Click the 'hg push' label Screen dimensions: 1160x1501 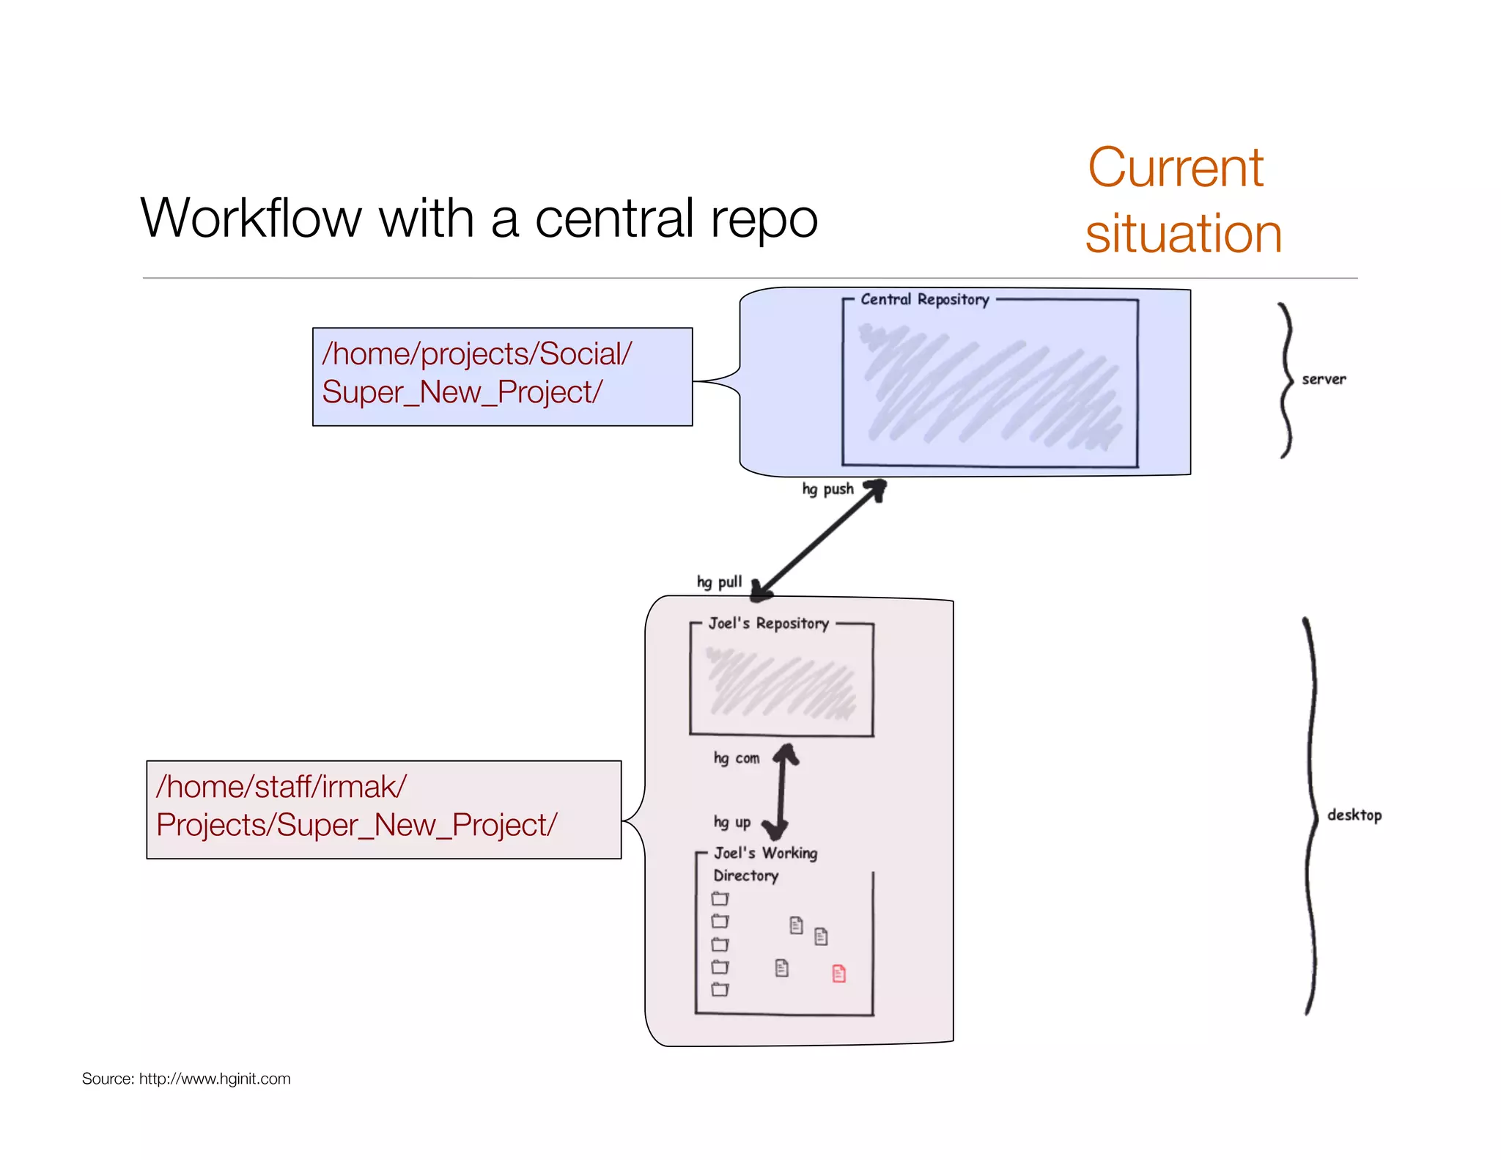tap(827, 489)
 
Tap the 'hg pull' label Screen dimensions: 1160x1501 tap(719, 582)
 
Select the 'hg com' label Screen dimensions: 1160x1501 tap(737, 758)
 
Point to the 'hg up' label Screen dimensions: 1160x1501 tap(732, 823)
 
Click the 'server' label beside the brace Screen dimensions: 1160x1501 tap(1324, 379)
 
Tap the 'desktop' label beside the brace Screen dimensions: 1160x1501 tap(1354, 815)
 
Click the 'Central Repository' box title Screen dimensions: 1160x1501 tap(925, 299)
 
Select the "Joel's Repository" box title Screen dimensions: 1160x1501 tap(768, 623)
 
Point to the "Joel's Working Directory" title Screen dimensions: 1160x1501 tap(764, 863)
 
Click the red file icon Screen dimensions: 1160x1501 tap(839, 974)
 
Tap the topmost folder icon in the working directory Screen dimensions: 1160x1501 tap(720, 898)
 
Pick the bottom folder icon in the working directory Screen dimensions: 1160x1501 tap(720, 990)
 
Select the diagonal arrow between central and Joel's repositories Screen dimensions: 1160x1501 tap(821, 538)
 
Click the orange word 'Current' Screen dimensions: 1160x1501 tap(1176, 168)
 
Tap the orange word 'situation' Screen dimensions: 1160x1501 tap(1184, 234)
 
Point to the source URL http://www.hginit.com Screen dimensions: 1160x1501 tap(215, 1079)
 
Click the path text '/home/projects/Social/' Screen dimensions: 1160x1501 tap(476, 354)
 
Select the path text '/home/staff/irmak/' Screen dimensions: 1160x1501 tap(281, 787)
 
